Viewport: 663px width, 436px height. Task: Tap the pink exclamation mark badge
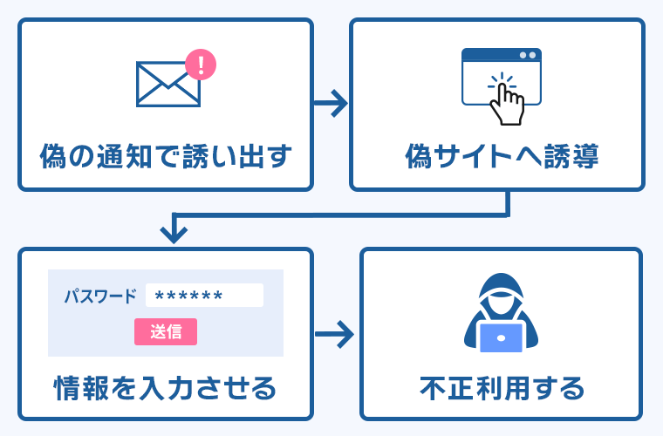pos(202,64)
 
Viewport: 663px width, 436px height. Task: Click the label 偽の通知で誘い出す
pos(165,157)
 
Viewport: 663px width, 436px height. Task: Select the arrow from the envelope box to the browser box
pos(331,104)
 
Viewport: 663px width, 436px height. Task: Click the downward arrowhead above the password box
pos(174,232)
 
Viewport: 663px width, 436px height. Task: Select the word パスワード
pos(100,296)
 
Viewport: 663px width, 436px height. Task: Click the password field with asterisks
pos(204,296)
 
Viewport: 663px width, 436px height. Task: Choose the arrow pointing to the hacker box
pos(336,332)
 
